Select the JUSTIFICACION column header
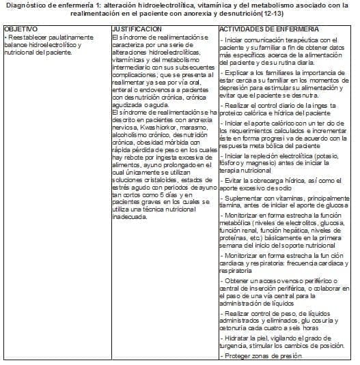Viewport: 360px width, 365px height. tap(137, 30)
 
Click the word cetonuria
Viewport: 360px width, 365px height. tap(234, 325)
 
